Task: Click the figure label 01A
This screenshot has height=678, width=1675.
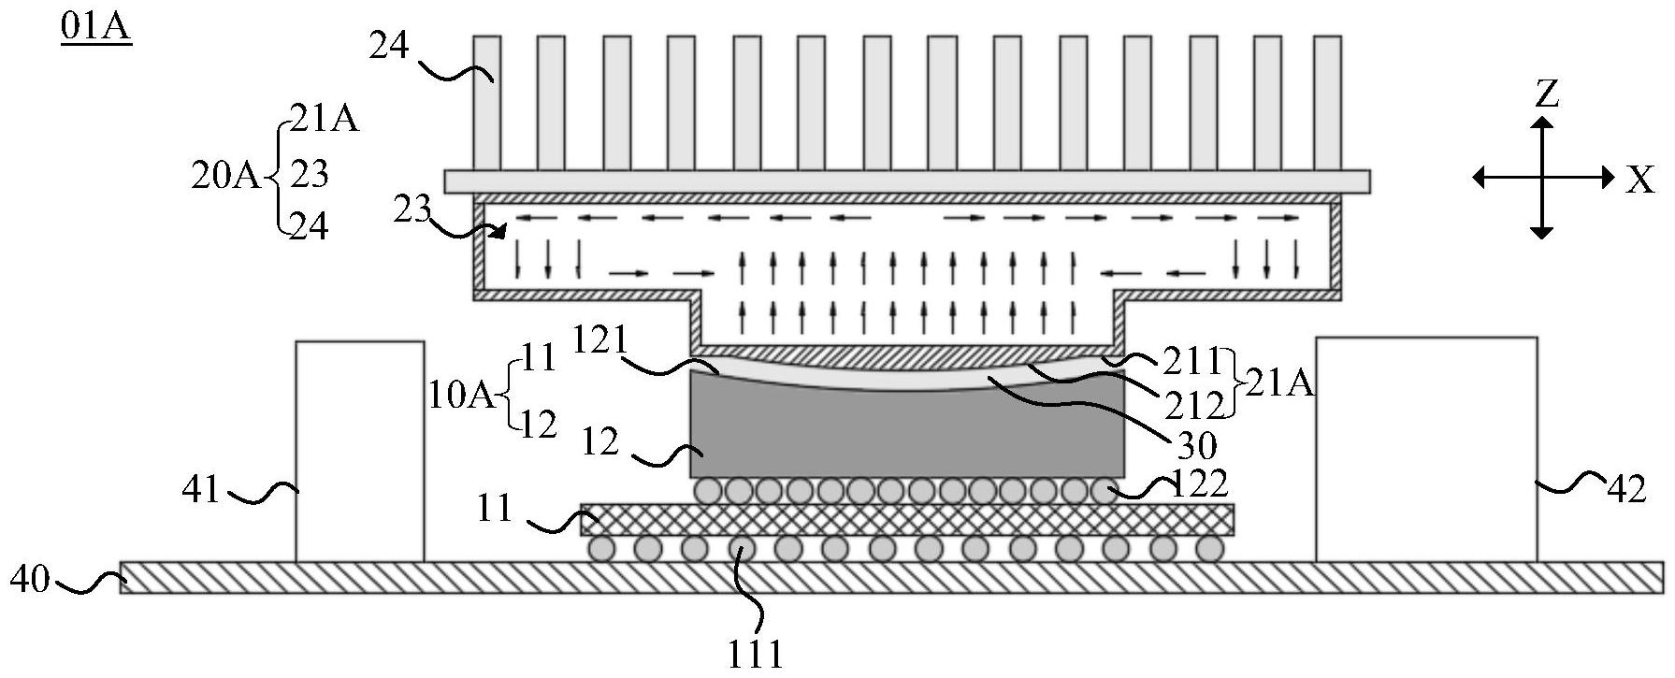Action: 95,27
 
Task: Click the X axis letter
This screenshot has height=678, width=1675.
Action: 1640,180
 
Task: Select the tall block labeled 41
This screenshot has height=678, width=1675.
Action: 360,451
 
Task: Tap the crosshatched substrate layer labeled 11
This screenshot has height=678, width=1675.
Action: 907,519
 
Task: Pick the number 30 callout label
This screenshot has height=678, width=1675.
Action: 1196,446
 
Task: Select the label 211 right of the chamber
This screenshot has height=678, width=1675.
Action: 1190,360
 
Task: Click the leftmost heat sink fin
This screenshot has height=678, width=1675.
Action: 486,103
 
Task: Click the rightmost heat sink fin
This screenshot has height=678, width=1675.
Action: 1327,103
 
